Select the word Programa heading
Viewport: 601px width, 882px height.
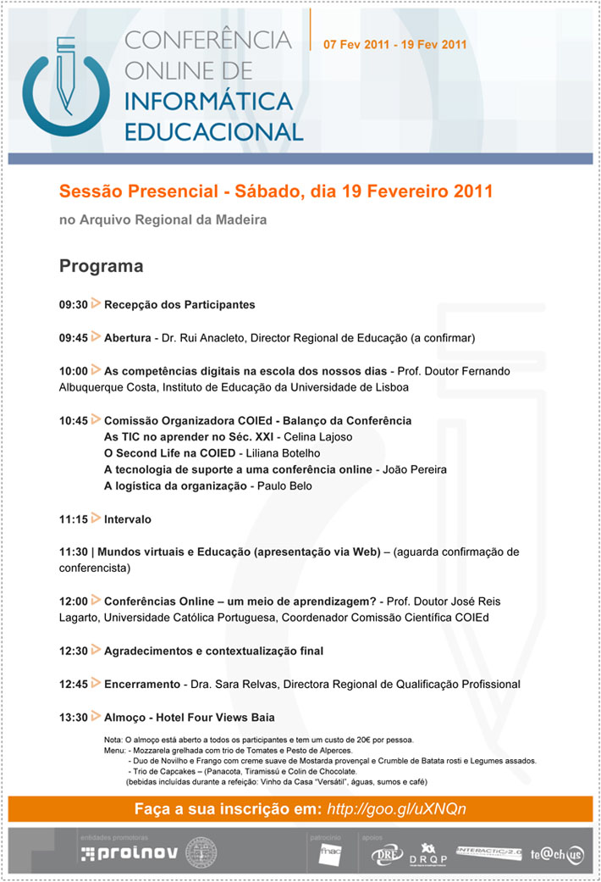pos(101,267)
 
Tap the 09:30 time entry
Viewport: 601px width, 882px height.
pos(74,304)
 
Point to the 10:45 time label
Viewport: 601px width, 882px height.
pos(74,420)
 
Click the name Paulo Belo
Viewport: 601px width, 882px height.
pos(284,486)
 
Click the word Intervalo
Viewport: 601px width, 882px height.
pos(128,519)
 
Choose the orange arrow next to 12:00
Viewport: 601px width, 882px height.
pos(96,600)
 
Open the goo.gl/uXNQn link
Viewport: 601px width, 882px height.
pos(396,809)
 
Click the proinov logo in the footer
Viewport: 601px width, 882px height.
pos(129,853)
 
